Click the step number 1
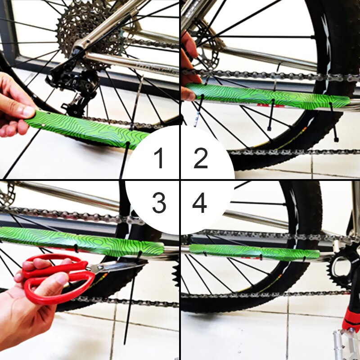159,158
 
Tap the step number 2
201,158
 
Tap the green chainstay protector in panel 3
81,241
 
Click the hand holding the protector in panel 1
16,106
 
